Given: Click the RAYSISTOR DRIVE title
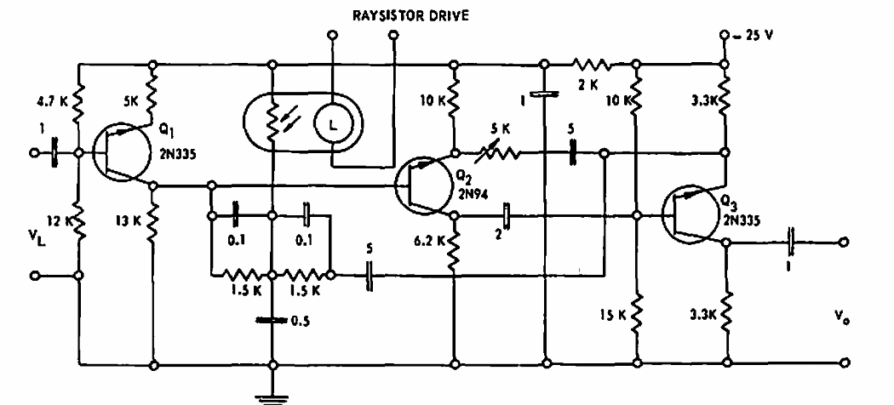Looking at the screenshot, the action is pos(410,15).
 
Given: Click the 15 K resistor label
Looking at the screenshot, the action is pos(610,314).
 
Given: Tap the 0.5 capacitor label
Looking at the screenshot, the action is pos(301,321).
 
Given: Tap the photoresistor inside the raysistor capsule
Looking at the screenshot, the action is pos(273,120).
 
